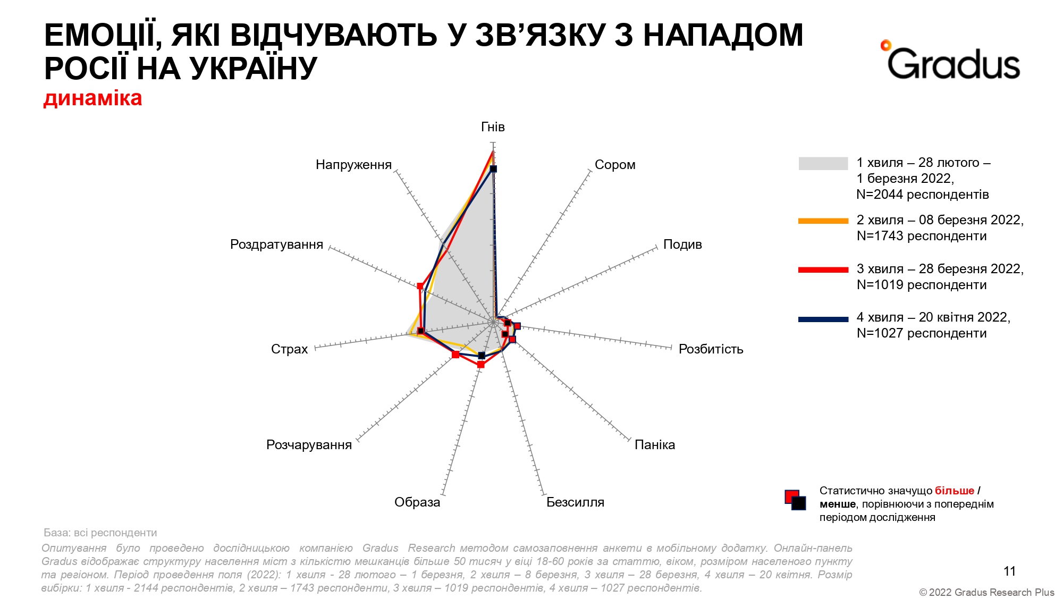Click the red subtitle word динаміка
93,98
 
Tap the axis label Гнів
493,127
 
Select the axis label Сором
615,165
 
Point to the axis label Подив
682,245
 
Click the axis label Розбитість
711,349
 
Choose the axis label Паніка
655,445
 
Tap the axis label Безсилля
575,502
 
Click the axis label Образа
417,502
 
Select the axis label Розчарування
309,445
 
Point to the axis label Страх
289,349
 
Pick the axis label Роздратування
276,245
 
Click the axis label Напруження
353,165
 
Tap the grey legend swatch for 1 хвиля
823,163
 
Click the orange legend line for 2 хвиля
823,221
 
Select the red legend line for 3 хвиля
823,269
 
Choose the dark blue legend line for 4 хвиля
823,319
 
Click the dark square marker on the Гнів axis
493,169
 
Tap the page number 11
1009,571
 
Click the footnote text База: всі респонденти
100,533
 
